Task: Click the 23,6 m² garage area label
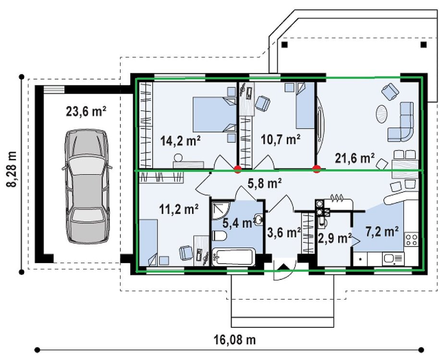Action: click(x=86, y=112)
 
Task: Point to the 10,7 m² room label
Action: click(x=280, y=140)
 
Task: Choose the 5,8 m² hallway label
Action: click(x=264, y=183)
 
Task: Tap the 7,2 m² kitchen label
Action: click(x=382, y=232)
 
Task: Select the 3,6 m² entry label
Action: click(x=283, y=233)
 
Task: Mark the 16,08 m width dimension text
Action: click(x=235, y=340)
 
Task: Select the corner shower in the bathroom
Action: click(x=221, y=210)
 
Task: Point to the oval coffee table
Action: click(x=382, y=114)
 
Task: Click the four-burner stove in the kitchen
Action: click(x=412, y=239)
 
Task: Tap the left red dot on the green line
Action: click(x=237, y=168)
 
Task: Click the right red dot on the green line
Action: click(x=317, y=168)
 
